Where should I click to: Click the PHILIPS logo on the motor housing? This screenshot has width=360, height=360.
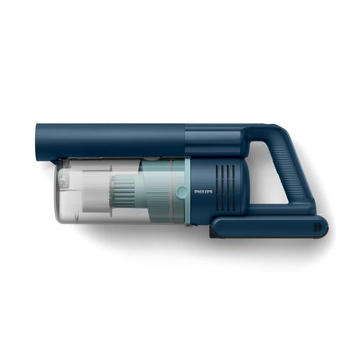pos(203,191)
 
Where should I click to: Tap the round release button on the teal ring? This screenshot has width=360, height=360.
pos(182,192)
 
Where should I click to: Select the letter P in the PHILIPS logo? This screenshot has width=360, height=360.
pos(196,191)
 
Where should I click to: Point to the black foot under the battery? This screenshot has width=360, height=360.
pos(213,234)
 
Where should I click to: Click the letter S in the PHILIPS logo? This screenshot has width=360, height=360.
pos(211,191)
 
